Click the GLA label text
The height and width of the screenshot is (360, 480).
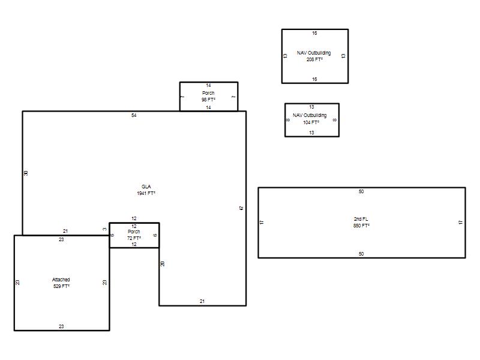(x=146, y=187)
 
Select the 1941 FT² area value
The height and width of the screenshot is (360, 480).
(x=146, y=193)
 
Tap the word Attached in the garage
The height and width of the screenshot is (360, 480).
(x=61, y=280)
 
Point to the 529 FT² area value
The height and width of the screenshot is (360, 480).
(x=61, y=286)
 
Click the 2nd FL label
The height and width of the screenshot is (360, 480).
(x=361, y=219)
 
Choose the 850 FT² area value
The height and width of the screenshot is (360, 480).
(x=361, y=226)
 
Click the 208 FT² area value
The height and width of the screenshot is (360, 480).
(x=314, y=59)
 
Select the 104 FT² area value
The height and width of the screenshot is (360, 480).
(x=311, y=122)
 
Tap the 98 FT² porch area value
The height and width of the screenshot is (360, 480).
(x=208, y=100)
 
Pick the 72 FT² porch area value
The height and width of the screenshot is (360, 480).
(x=134, y=238)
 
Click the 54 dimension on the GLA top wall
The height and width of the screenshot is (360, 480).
(x=134, y=115)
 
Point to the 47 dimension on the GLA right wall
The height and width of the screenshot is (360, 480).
(x=242, y=208)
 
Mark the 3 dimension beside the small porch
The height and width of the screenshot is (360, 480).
(x=104, y=229)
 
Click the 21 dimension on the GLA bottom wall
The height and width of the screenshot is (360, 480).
(x=202, y=301)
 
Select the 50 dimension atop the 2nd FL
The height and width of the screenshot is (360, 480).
(x=361, y=191)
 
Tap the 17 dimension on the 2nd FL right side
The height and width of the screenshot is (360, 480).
(x=461, y=223)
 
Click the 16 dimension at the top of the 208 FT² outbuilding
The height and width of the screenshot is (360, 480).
(x=314, y=33)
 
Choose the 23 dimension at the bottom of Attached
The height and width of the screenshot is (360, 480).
(x=61, y=326)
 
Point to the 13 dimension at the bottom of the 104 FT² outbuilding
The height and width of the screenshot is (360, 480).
(x=311, y=133)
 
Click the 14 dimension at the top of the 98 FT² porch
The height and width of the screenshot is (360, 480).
(x=208, y=85)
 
